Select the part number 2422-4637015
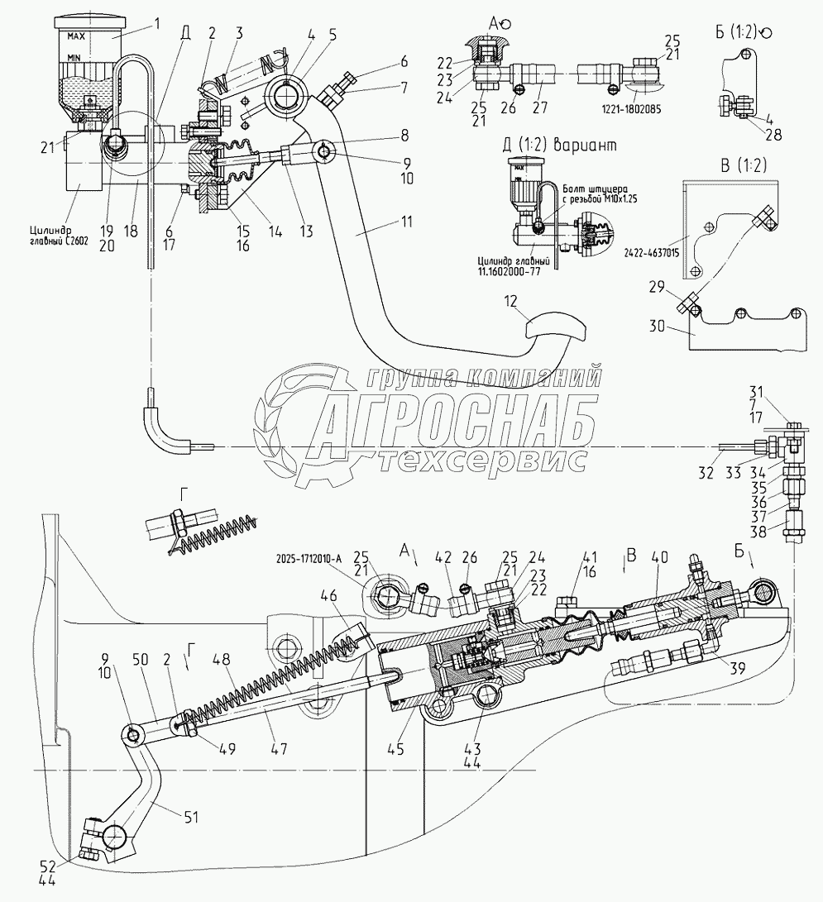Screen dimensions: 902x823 (x=649, y=252)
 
